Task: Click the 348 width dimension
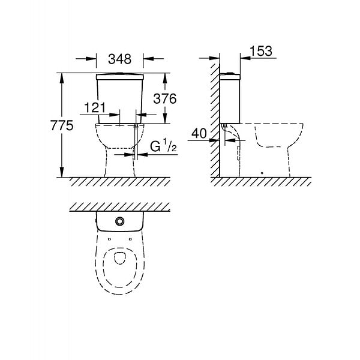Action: [119, 59]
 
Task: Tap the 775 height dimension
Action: [62, 125]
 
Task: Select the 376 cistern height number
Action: [165, 99]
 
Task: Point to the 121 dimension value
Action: [95, 107]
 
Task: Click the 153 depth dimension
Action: [261, 51]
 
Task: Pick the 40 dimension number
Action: [199, 133]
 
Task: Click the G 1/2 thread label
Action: [163, 146]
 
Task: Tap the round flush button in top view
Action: [119, 221]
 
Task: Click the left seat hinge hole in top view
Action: [109, 239]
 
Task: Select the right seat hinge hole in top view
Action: [130, 239]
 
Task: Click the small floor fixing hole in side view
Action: [262, 173]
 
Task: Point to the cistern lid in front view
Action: [119, 77]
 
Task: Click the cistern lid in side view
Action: [230, 76]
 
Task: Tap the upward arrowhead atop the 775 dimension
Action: [62, 78]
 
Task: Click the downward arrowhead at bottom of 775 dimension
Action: [62, 172]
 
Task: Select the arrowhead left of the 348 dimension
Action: [91, 59]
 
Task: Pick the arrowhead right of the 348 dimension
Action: [148, 59]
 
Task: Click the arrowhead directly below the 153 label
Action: [245, 58]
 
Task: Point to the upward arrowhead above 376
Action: [165, 78]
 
